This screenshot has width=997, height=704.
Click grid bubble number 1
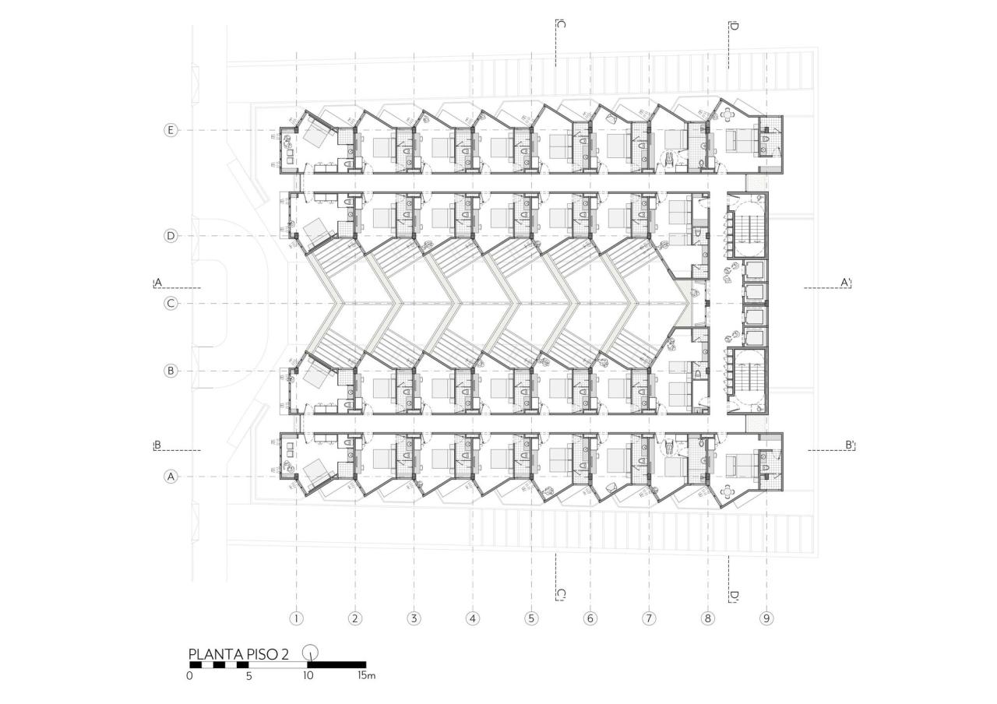tap(296, 618)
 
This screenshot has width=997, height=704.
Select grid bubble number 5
tap(531, 618)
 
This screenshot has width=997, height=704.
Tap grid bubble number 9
tap(767, 618)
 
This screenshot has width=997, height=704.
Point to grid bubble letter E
tap(171, 130)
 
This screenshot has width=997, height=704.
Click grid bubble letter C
tap(171, 303)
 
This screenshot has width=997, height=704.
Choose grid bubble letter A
tap(171, 477)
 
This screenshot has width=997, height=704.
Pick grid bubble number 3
tap(414, 618)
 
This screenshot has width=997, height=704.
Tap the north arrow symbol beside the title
tap(311, 653)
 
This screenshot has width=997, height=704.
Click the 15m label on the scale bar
tap(366, 676)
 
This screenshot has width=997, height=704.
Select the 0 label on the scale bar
tap(190, 676)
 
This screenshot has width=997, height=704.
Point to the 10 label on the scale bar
tap(308, 676)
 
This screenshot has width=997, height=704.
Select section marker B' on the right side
tap(850, 445)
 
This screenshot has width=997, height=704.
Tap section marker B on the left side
tap(157, 445)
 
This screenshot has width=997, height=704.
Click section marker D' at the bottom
tap(733, 596)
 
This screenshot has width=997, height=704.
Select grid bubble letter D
tap(171, 235)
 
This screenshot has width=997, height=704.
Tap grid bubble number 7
tap(649, 618)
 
